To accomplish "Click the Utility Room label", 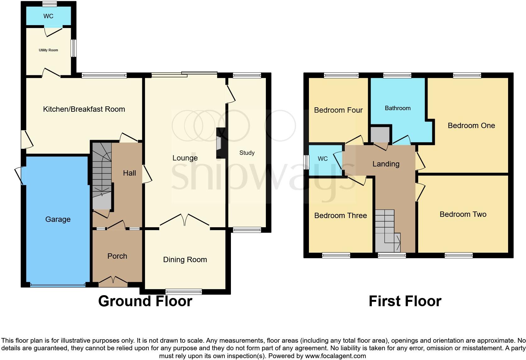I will coord(48,50).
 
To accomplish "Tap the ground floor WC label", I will coord(48,16).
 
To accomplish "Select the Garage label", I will coord(58,219).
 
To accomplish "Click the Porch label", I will coord(117,256).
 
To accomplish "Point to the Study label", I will coord(247,153).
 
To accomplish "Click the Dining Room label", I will coord(185,260).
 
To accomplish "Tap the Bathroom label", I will coord(398,108).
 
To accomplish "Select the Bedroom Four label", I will coord(338,110).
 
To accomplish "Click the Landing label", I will coord(386,164).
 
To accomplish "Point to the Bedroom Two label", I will coord(463,214).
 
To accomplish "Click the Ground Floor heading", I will coord(145,301).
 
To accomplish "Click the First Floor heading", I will coord(405,301).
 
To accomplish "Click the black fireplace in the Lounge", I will coord(221,143).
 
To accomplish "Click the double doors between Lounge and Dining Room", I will coord(185,220).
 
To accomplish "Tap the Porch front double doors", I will coord(113,280).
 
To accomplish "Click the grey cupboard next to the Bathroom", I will coord(380,135).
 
